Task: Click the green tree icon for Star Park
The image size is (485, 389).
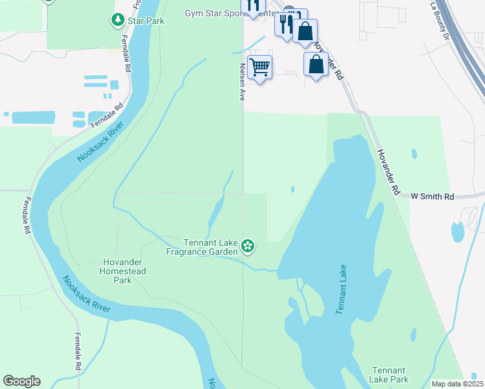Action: (117, 21)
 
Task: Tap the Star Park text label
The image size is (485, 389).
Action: (146, 21)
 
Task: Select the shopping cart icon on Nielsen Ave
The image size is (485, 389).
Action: (259, 67)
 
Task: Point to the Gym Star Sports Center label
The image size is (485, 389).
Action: (220, 12)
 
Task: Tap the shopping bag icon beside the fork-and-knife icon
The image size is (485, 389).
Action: (305, 31)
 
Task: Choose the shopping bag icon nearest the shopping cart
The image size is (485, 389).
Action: (316, 65)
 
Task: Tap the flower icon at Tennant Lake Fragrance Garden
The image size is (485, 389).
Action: (247, 246)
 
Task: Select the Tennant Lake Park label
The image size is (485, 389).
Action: (389, 374)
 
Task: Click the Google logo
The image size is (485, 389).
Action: (21, 381)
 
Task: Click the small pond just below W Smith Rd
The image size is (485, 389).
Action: (458, 231)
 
